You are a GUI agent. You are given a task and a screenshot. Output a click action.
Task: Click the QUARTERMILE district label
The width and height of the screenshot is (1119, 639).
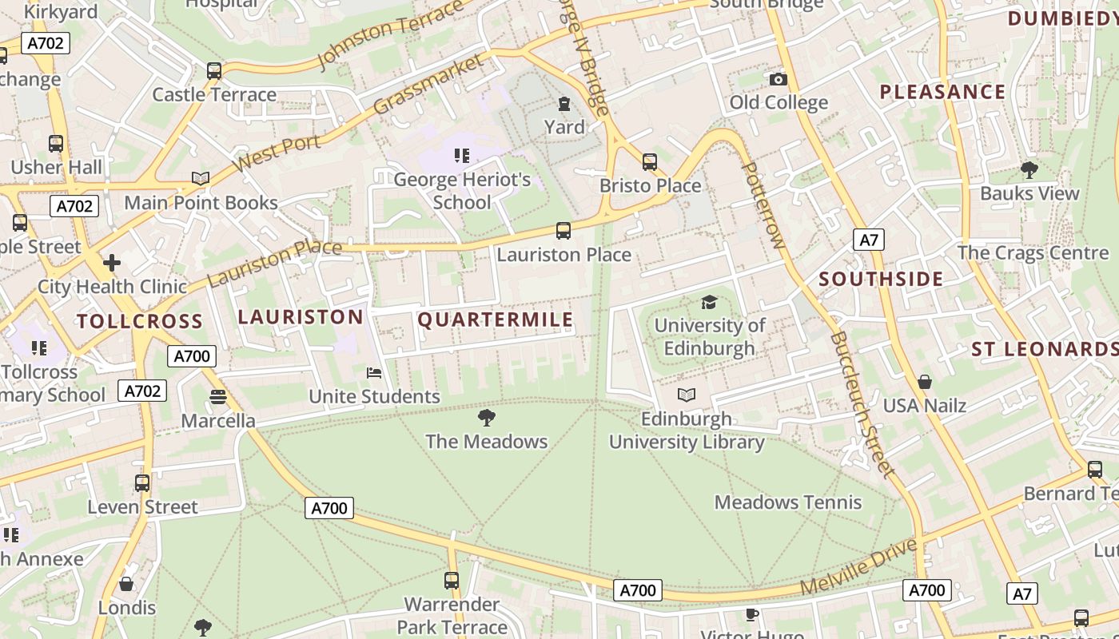click(496, 320)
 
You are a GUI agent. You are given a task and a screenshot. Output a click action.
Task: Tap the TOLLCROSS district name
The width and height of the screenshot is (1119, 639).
click(140, 322)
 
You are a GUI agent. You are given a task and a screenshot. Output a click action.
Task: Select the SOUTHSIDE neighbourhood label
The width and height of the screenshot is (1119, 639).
click(881, 279)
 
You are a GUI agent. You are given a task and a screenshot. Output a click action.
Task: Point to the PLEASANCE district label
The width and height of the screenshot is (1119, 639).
click(942, 92)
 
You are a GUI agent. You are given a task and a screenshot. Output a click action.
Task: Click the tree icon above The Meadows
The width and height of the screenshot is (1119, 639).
click(486, 417)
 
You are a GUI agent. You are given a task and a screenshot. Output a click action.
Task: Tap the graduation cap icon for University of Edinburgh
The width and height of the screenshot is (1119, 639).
click(709, 302)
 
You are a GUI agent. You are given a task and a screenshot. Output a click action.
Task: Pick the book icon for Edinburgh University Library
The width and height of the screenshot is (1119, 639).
click(686, 395)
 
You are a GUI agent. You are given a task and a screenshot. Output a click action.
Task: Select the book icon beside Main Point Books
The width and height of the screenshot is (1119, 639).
click(201, 179)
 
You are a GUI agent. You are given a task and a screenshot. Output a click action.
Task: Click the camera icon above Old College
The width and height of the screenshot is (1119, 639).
click(778, 79)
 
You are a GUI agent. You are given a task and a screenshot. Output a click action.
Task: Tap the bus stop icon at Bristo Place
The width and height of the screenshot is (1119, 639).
click(650, 162)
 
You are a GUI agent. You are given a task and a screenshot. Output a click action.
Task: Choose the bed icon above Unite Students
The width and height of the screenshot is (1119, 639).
click(373, 373)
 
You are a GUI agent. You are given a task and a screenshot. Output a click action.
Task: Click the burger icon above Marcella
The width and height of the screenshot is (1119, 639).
click(218, 397)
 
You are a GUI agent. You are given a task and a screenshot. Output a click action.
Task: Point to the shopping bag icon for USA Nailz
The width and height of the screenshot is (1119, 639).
click(925, 382)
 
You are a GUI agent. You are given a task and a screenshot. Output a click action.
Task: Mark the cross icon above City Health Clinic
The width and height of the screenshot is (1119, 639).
click(112, 262)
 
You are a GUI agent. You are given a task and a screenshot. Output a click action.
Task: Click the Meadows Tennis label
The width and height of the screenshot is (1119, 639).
click(787, 502)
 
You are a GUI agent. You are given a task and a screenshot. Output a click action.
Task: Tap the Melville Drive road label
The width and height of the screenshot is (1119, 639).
click(858, 568)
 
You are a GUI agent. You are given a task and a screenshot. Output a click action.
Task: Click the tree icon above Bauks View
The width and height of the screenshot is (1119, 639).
click(1029, 169)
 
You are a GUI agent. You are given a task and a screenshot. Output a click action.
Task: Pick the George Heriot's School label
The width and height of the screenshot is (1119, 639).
click(462, 191)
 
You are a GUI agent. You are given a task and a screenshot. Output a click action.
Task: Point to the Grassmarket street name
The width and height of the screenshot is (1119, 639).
click(428, 85)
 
